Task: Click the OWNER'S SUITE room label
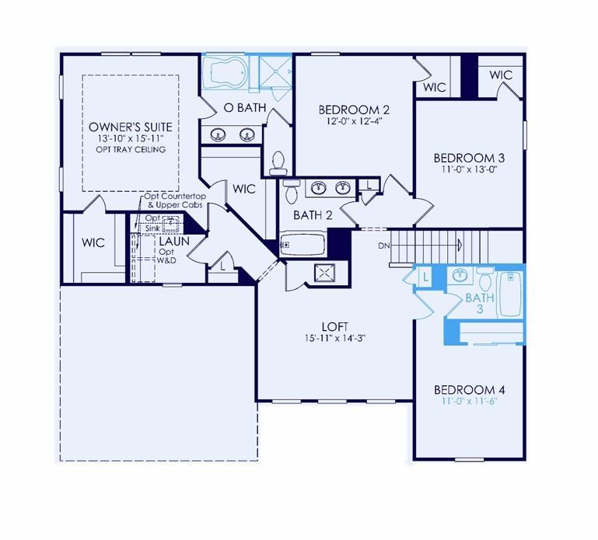coord(131,126)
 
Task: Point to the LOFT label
coord(334,327)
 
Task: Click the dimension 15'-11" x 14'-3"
coord(334,338)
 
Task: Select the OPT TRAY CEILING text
coord(131,149)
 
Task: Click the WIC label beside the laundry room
coord(94,242)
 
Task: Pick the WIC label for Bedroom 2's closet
coord(435,87)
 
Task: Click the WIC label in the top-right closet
coord(501,75)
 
